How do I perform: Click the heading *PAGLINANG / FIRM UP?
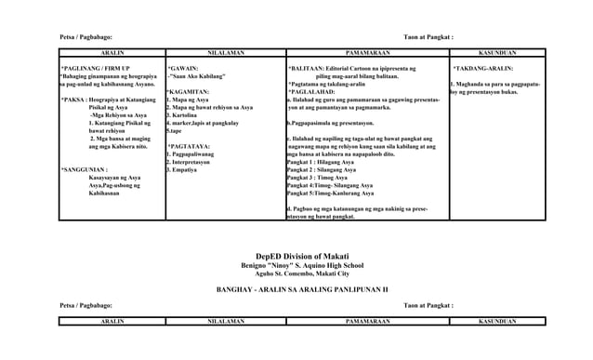coord(97,69)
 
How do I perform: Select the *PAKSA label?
coord(73,100)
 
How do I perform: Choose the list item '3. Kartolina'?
coord(185,115)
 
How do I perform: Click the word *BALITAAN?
coord(306,69)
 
